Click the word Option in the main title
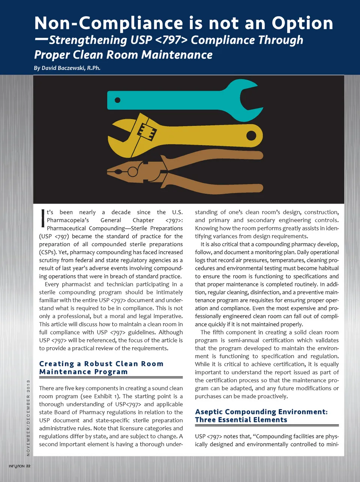tap(302, 23)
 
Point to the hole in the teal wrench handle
tap(117, 100)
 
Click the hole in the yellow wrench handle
tap(251, 136)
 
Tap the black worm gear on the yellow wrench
tap(147, 131)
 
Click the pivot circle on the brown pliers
tap(133, 172)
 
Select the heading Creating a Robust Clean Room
tap(101, 364)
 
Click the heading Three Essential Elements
tap(241, 420)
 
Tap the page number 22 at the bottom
tap(28, 466)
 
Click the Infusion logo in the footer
tap(16, 466)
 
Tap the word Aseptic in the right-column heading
tap(209, 412)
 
